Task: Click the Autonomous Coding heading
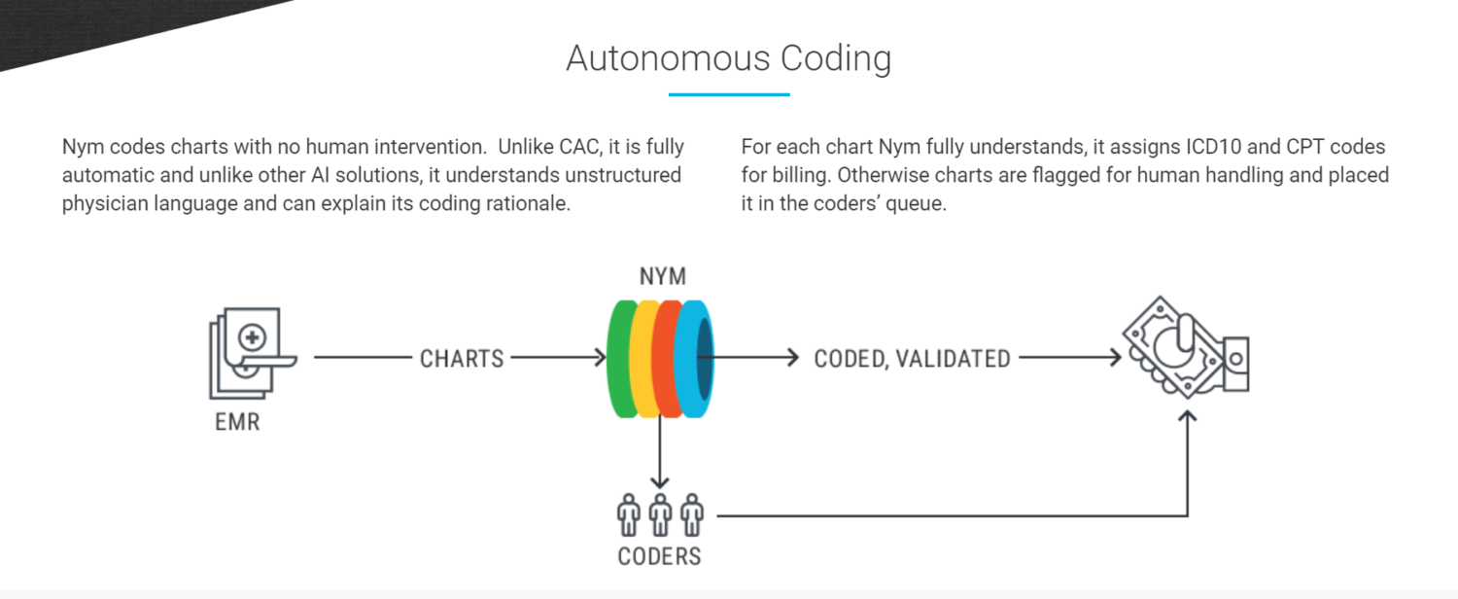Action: point(728,58)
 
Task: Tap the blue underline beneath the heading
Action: point(728,94)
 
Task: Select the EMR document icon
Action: point(247,355)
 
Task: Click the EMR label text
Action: point(237,423)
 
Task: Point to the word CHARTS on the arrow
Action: point(462,359)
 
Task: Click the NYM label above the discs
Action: point(662,277)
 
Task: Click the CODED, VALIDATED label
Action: point(912,359)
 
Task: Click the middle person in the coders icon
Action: point(660,514)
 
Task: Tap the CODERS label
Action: point(659,557)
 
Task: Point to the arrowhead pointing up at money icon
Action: point(1188,416)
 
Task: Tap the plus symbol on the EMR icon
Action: point(252,337)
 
